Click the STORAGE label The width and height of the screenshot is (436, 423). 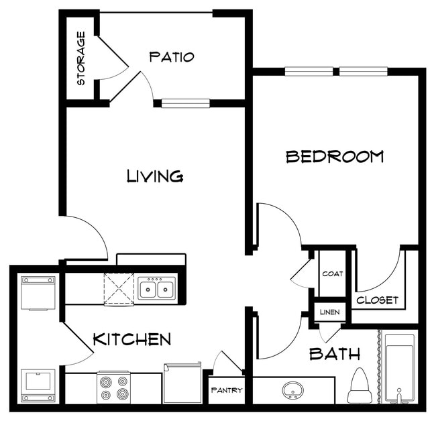tap(81, 59)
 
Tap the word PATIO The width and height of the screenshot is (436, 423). tap(172, 57)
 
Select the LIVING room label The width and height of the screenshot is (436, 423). tap(155, 176)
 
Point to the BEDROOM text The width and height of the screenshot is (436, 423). tap(335, 157)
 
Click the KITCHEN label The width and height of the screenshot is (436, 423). tap(131, 339)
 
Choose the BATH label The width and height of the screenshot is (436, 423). tap(335, 354)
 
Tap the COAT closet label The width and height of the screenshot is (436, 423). tap(332, 274)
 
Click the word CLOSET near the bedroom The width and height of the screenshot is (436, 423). tap(377, 300)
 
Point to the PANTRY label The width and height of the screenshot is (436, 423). tap(226, 390)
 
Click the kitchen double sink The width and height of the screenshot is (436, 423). tap(157, 289)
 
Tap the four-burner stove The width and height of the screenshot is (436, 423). tap(113, 387)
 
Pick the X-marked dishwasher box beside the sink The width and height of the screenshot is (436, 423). tap(119, 289)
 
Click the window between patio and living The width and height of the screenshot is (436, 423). tap(186, 103)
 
